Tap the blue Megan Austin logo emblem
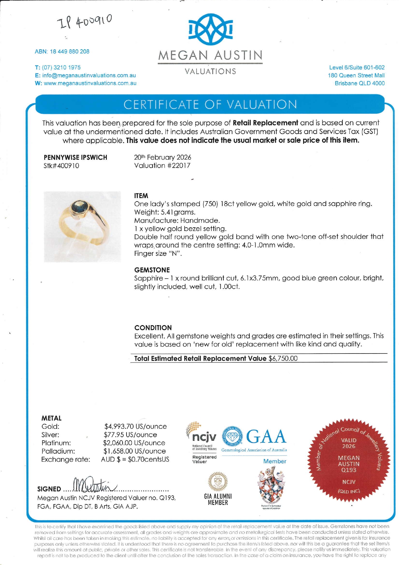pyautogui.click(x=210, y=30)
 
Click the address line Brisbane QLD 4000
pyautogui.click(x=359, y=83)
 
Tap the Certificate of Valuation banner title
pyautogui.click(x=210, y=105)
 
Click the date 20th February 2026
pyautogui.click(x=162, y=157)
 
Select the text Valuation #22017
pyautogui.click(x=162, y=165)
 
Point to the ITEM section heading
pyautogui.click(x=141, y=196)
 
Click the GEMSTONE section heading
pyautogui.click(x=152, y=270)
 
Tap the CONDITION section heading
pyautogui.click(x=153, y=328)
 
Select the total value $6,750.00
pyautogui.click(x=283, y=358)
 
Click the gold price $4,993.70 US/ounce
pyautogui.click(x=135, y=427)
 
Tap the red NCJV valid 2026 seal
pyautogui.click(x=349, y=460)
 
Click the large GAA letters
pyautogui.click(x=266, y=437)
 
